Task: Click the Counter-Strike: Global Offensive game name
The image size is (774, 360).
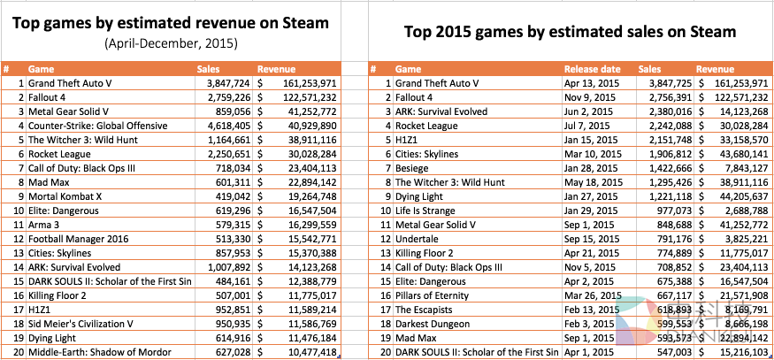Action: tap(97, 126)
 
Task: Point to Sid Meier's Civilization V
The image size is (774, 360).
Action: tap(83, 324)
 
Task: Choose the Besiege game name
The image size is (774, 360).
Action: tap(412, 168)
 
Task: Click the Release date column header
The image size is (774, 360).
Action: tap(592, 68)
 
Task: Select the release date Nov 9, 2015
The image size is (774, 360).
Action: tap(589, 97)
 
